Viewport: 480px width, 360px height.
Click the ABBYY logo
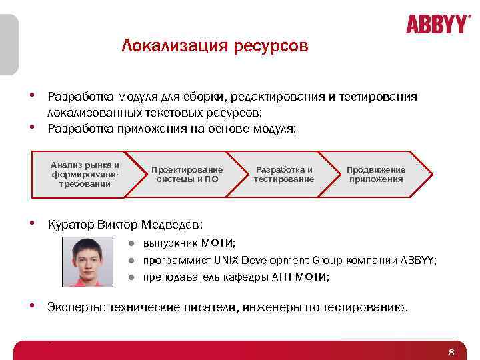coord(437,25)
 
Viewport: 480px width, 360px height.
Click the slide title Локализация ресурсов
coord(215,46)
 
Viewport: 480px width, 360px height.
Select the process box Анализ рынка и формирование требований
coord(85,175)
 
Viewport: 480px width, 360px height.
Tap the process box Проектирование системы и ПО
coord(187,175)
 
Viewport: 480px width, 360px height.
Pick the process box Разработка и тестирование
coord(284,175)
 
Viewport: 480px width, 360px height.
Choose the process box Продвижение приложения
coord(376,175)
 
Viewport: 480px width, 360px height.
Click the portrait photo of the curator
coord(93,262)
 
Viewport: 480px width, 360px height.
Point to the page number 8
coord(451,352)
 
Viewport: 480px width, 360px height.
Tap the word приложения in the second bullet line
coord(144,129)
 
